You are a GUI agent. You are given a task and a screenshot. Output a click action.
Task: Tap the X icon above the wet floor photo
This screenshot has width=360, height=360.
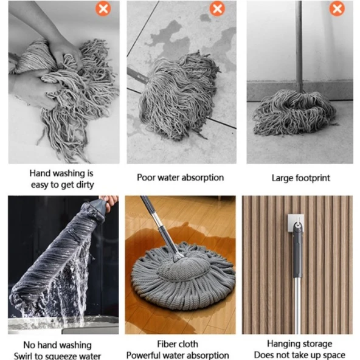pos(216,9)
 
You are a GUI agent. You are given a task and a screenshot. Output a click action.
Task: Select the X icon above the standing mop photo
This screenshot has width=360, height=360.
pos(337,9)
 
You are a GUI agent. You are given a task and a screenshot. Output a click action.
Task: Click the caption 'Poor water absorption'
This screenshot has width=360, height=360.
pos(181,178)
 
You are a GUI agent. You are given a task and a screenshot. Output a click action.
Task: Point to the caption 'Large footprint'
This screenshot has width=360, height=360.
pos(300,178)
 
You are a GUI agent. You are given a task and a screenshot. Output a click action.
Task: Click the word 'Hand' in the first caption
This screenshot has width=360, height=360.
pos(41,173)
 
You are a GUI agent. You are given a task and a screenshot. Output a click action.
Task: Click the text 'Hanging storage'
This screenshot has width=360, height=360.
pos(300,344)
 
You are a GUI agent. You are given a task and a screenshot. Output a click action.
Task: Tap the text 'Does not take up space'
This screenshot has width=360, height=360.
pos(300,355)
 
